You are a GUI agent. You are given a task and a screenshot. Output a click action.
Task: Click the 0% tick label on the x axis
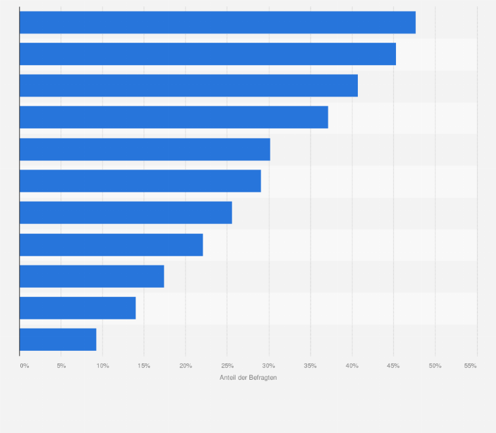pos(24,365)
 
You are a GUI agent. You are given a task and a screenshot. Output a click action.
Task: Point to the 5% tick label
pos(61,365)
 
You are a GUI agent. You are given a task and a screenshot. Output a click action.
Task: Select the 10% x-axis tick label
pos(103,365)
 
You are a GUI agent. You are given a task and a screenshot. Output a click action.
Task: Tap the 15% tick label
pos(144,365)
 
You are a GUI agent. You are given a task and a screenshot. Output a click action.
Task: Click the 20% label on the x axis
pos(186,365)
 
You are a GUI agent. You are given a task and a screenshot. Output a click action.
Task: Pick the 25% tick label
pos(227,365)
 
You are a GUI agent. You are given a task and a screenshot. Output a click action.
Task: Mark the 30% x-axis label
pos(268,365)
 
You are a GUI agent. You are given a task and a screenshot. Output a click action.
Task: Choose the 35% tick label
pos(310,365)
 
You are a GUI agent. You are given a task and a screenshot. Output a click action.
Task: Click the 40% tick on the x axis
pos(352,365)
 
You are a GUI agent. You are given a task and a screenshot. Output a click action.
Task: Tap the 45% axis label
pos(393,365)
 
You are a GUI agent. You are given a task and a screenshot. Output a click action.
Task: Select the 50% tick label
pos(435,365)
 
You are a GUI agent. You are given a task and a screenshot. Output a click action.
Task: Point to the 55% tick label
pos(470,365)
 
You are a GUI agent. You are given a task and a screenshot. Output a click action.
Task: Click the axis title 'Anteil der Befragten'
pos(248,378)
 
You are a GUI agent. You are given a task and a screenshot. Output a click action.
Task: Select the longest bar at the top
pos(217,22)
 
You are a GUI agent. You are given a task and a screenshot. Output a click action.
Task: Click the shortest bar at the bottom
pos(58,339)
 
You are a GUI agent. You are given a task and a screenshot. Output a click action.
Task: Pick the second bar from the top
pos(207,54)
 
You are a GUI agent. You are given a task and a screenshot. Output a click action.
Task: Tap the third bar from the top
pos(188,85)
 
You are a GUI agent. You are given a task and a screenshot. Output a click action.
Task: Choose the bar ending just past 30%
pos(145,149)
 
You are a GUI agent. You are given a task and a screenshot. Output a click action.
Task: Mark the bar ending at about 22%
pos(111,244)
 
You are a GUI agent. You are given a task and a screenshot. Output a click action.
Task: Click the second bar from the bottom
pos(78,308)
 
